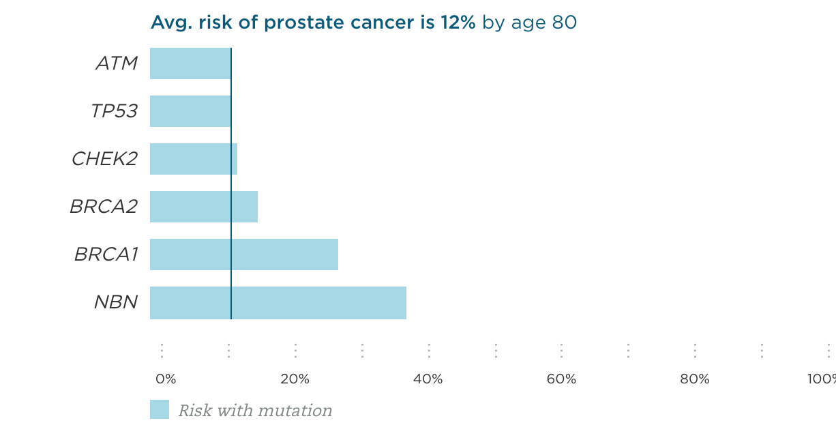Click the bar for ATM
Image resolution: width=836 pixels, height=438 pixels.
190,63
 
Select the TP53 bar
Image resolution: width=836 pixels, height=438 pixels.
190,111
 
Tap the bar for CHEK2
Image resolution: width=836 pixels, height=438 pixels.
193,159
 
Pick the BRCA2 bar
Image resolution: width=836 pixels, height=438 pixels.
203,207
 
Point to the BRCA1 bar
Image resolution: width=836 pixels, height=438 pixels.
243,254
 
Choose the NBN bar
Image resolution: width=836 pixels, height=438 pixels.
278,303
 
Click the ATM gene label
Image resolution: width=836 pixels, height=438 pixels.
117,63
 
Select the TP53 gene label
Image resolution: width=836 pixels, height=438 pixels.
114,111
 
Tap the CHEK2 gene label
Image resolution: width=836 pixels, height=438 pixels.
104,159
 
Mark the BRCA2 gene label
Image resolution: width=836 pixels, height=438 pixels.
104,207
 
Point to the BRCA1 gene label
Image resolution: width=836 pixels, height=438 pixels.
106,254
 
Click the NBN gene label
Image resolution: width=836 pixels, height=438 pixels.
116,302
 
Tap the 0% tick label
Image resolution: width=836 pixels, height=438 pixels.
166,379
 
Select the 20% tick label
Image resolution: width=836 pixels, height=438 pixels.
295,379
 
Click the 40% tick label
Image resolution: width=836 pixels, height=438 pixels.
428,379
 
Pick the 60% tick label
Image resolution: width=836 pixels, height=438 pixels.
561,379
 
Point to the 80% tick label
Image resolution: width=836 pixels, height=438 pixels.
695,379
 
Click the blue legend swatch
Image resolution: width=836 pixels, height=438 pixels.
160,409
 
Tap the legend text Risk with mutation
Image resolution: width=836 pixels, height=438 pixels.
255,411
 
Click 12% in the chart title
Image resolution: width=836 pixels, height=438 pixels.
456,23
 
